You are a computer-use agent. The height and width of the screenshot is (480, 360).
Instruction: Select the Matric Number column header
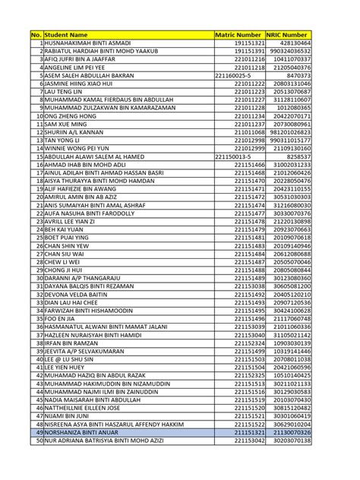[x=238, y=35]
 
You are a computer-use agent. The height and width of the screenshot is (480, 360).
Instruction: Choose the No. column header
[x=36, y=35]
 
